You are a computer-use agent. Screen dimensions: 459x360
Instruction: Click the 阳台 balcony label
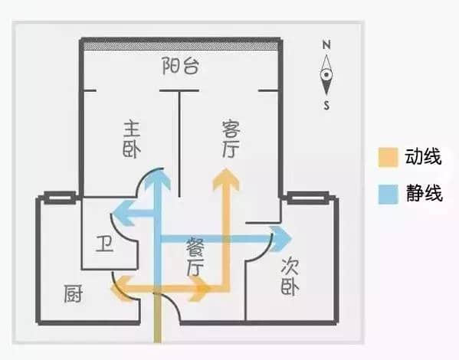pyautogui.click(x=181, y=66)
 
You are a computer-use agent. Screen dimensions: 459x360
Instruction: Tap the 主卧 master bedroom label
pyautogui.click(x=132, y=139)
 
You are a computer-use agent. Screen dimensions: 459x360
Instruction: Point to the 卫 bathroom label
pyautogui.click(x=104, y=244)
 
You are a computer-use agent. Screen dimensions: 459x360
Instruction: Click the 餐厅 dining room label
pyautogui.click(x=195, y=257)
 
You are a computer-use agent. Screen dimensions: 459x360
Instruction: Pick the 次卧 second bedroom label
pyautogui.click(x=290, y=277)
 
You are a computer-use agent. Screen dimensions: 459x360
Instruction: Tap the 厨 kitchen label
pyautogui.click(x=74, y=293)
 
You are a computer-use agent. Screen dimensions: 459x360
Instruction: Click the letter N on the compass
pyautogui.click(x=326, y=44)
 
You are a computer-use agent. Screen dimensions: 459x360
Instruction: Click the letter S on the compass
pyautogui.click(x=326, y=105)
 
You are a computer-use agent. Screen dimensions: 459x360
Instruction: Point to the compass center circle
pyautogui.click(x=326, y=74)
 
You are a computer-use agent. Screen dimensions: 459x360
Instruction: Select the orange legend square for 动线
pyautogui.click(x=388, y=157)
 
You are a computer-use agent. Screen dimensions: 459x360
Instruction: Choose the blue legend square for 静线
pyautogui.click(x=389, y=194)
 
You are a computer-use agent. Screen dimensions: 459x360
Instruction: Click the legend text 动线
pyautogui.click(x=423, y=156)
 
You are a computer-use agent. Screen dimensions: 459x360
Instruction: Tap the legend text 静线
pyautogui.click(x=425, y=193)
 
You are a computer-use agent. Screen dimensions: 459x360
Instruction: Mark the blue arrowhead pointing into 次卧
pyautogui.click(x=281, y=239)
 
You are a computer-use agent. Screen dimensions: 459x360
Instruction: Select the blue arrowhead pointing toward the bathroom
pyautogui.click(x=123, y=213)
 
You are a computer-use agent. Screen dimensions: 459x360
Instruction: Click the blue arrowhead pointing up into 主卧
pyautogui.click(x=158, y=179)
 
